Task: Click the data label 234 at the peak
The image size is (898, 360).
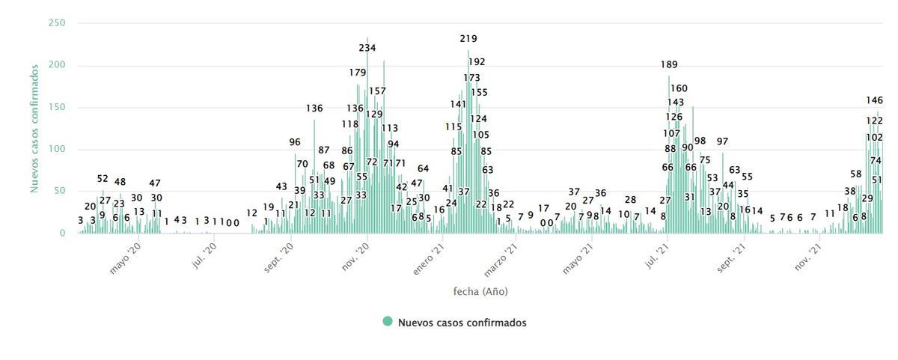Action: (x=367, y=48)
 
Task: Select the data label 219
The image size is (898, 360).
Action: (x=468, y=38)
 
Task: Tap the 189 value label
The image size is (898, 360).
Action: (x=669, y=64)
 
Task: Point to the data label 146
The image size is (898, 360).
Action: (x=874, y=100)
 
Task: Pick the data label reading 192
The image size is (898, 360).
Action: (x=477, y=62)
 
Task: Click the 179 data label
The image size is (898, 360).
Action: (x=357, y=73)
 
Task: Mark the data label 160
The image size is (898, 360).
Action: (x=679, y=88)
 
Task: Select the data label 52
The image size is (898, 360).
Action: (x=103, y=179)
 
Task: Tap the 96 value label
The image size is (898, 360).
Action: (x=295, y=142)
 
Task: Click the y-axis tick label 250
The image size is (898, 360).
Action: (x=58, y=23)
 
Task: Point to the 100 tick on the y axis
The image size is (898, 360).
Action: (x=58, y=150)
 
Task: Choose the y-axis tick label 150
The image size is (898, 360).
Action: (x=58, y=108)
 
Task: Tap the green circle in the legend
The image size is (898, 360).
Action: (x=388, y=322)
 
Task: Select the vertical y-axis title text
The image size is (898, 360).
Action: (x=35, y=129)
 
